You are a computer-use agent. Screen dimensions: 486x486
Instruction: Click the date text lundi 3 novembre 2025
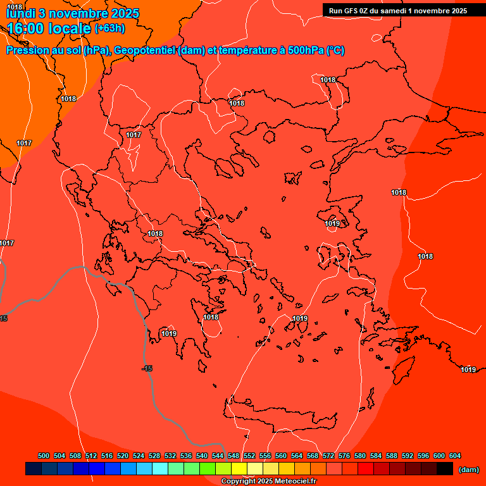pos(73,13)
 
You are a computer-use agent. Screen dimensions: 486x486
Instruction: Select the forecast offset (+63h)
pos(109,28)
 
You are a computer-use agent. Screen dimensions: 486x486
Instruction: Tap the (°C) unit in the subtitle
pos(335,51)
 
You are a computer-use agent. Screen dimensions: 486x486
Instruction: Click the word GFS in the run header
pos(351,10)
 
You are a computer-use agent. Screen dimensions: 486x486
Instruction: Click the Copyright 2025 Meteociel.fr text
pos(268,482)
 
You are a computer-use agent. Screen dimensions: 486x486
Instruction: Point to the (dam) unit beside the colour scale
pos(468,469)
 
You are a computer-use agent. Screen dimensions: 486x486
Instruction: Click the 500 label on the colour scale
pos(44,456)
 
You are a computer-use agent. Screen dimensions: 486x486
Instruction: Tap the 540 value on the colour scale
pos(202,456)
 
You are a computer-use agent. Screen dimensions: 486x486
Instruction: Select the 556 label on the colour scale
pos(265,456)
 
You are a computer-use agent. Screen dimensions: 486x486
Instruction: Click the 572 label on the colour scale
pos(328,456)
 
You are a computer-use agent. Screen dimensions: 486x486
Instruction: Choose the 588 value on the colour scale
pos(392,456)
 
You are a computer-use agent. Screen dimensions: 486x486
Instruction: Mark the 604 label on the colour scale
pos(455,456)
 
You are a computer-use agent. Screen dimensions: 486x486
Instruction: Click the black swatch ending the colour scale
pos(445,468)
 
